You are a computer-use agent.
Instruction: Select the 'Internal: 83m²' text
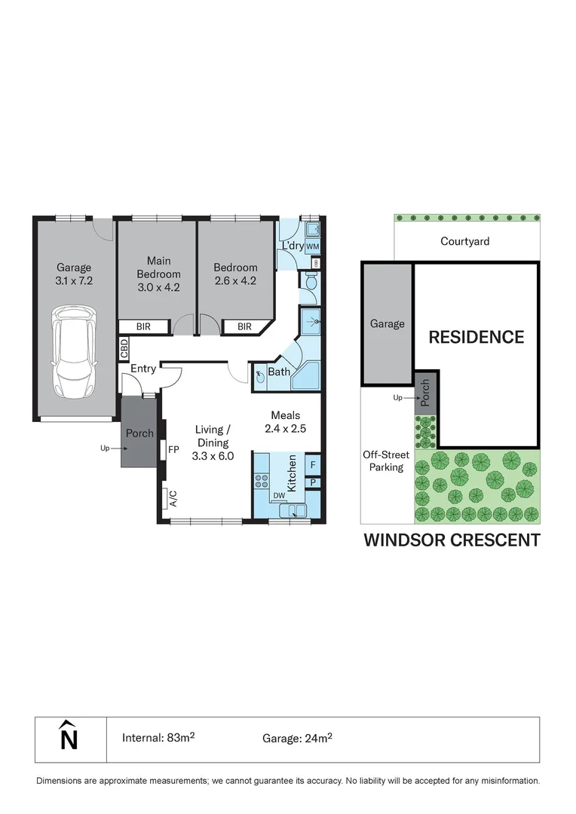click(158, 738)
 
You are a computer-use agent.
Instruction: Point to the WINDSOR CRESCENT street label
click(452, 540)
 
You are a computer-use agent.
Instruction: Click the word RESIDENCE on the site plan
click(476, 337)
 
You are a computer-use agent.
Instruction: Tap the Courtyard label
click(465, 242)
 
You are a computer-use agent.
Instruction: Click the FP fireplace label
click(173, 450)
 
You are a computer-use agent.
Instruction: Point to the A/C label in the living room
click(173, 498)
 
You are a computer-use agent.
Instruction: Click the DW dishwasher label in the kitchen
click(278, 495)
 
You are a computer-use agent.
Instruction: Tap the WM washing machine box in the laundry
click(313, 246)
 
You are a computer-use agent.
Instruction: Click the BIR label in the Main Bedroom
click(145, 326)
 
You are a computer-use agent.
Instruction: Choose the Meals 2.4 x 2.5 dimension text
click(286, 422)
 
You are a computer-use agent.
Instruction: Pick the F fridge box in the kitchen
click(313, 464)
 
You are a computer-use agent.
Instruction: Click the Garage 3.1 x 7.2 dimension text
click(74, 274)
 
